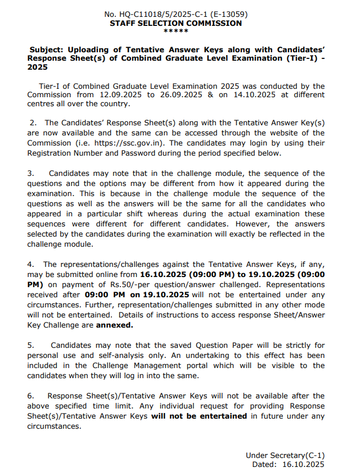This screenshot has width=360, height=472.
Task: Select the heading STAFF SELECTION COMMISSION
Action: [176, 23]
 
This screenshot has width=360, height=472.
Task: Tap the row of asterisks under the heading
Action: [176, 31]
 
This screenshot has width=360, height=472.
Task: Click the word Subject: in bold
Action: [49, 49]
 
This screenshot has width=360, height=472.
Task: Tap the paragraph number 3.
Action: [31, 174]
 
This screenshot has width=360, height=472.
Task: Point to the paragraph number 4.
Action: [31, 264]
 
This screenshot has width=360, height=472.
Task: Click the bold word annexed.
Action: [115, 325]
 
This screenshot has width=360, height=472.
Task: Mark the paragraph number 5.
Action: [31, 346]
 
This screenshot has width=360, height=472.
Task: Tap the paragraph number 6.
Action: [31, 396]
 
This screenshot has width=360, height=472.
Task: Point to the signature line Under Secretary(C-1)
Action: [285, 455]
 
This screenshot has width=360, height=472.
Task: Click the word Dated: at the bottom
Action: [264, 464]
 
